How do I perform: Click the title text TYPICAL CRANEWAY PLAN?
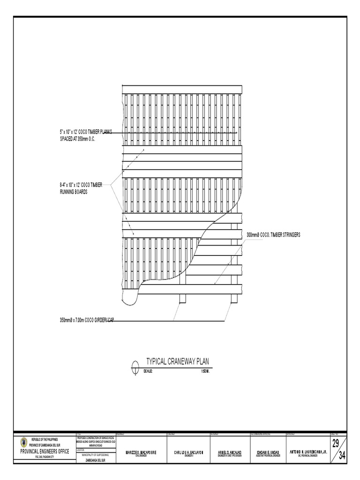[x=178, y=361]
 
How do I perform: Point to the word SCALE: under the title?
[x=149, y=371]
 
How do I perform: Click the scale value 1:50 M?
[x=205, y=371]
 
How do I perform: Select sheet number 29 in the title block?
[x=336, y=443]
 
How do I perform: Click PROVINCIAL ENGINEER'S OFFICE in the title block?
[x=45, y=451]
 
